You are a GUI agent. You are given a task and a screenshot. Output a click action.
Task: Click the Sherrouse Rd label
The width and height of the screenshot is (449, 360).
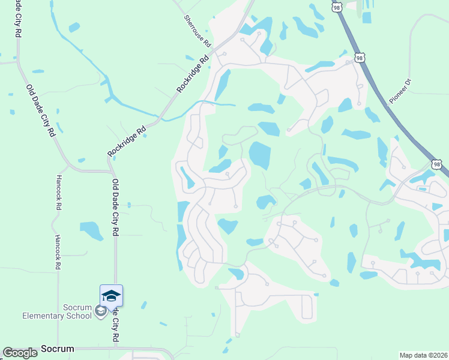197,32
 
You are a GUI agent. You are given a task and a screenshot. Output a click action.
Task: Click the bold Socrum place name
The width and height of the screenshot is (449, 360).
58,348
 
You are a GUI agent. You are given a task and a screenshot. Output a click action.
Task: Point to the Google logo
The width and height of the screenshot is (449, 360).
20,353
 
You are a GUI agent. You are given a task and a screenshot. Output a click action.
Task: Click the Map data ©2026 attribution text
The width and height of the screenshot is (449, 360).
423,355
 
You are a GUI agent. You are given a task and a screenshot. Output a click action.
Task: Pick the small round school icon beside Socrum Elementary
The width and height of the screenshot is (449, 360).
101,311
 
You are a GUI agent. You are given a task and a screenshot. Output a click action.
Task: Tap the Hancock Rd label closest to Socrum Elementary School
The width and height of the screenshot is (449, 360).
58,252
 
